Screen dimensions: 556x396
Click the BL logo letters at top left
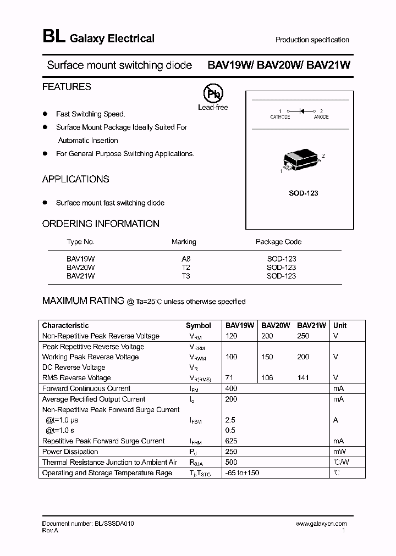53,37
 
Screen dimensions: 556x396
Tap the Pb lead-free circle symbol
213,93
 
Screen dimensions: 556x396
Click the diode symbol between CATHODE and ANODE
301,111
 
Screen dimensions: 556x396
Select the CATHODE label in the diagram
280,117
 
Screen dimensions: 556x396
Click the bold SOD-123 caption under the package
304,193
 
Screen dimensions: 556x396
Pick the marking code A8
185,258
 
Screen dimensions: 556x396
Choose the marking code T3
185,276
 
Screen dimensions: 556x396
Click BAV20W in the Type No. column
80,267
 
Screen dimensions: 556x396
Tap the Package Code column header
278,242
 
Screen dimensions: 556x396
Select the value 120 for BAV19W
231,336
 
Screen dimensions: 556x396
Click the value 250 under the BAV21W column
303,336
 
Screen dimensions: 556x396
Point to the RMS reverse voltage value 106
267,377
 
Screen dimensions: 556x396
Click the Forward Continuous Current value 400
231,388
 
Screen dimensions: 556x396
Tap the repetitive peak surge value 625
231,441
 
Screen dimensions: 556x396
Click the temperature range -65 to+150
242,472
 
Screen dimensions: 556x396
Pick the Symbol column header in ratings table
198,325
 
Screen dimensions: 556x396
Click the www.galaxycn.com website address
321,524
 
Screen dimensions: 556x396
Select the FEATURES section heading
67,87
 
